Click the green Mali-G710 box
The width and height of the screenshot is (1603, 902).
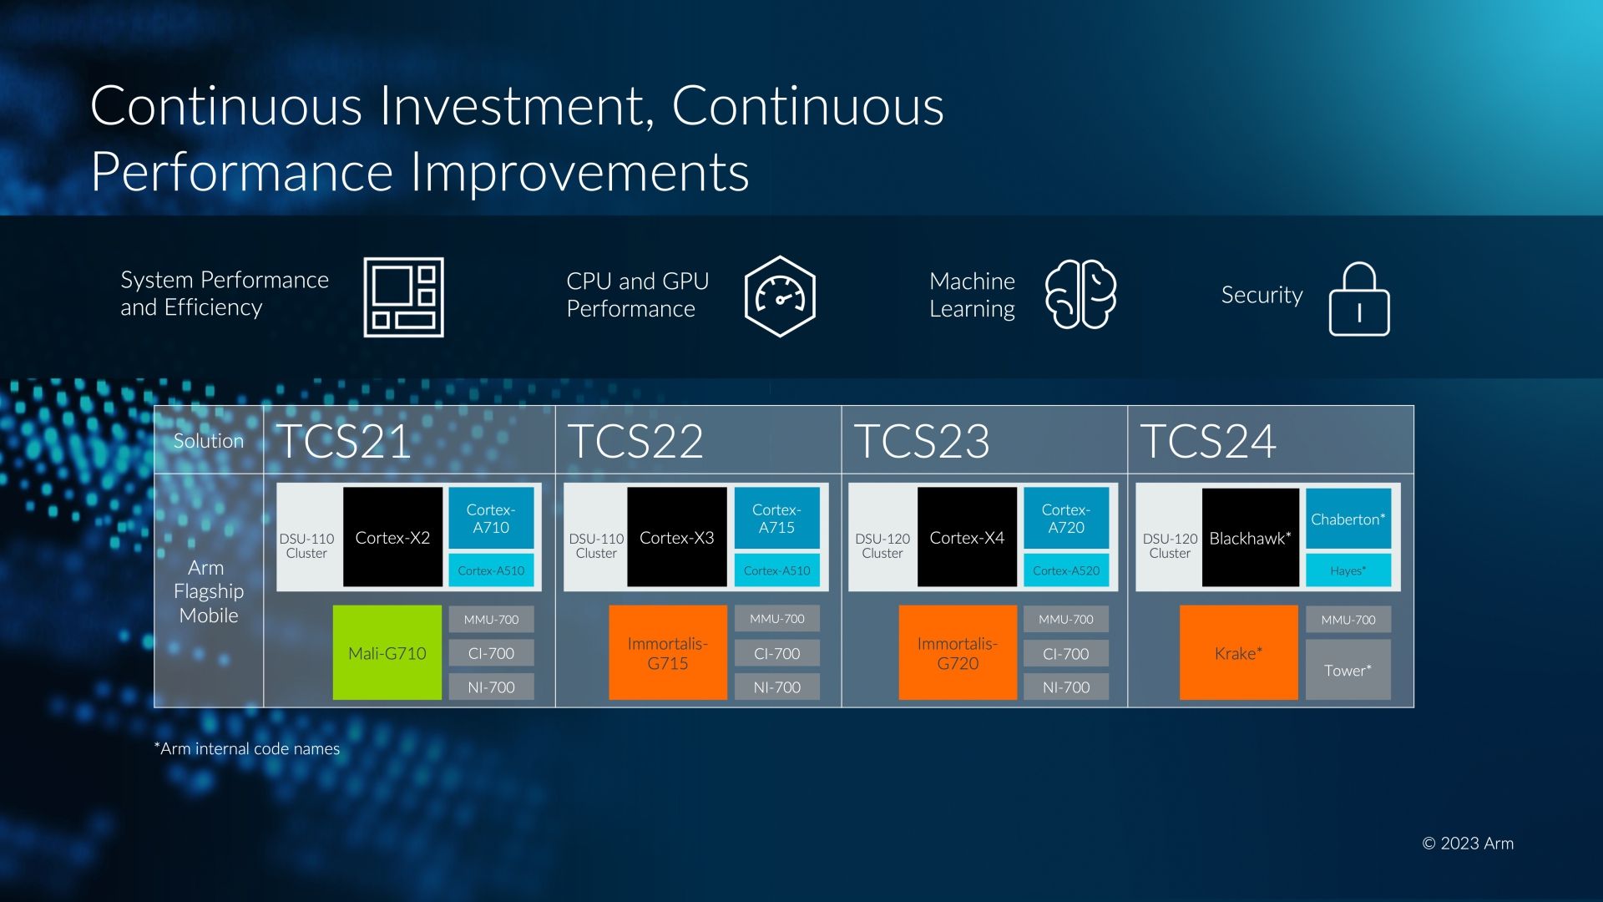387,652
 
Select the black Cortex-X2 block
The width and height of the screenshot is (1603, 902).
392,537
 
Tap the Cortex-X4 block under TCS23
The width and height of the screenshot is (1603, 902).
967,537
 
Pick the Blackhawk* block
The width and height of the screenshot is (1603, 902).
1250,537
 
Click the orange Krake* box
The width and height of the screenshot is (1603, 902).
1238,652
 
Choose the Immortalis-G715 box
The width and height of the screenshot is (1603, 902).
668,652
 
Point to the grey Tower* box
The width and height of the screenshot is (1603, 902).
1348,670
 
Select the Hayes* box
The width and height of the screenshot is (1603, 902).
1348,570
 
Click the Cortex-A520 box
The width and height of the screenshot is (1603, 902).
1066,570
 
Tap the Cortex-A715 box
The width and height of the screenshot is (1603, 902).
776,518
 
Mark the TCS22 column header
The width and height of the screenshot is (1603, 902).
635,441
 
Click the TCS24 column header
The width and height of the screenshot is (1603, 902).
1208,441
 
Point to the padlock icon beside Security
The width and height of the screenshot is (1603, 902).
1359,299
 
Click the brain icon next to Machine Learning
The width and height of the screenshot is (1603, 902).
1080,294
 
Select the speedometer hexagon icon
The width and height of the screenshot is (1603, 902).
780,296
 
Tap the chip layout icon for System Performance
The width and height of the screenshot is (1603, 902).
403,297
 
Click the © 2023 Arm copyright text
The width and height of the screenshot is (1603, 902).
1468,844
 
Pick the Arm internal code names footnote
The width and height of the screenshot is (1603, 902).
247,748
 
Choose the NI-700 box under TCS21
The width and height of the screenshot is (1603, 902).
491,687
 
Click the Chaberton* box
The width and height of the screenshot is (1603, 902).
1348,519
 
